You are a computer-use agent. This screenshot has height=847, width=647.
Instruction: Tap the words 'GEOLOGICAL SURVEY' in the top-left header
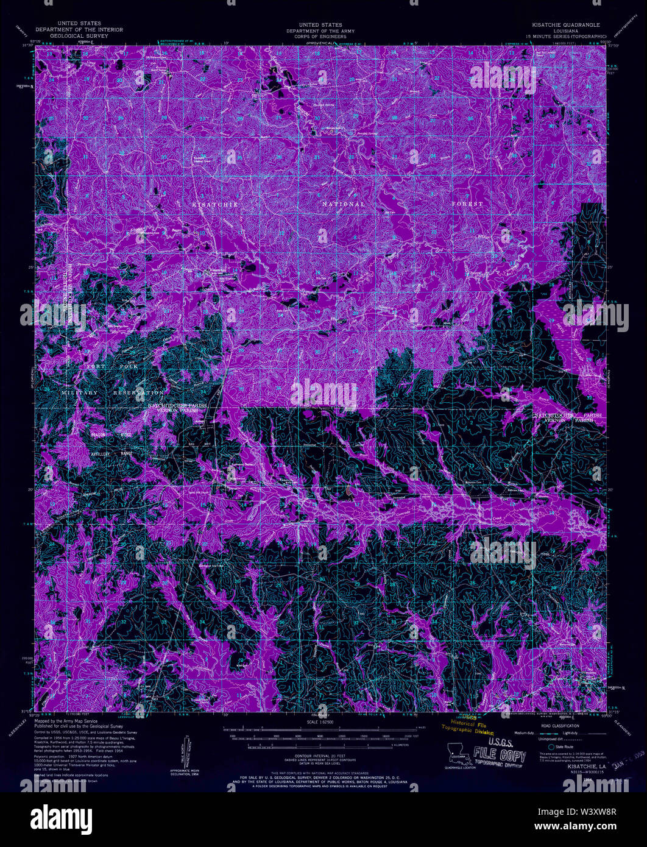point(79,35)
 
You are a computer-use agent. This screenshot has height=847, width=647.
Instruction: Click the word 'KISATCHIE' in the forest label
point(215,205)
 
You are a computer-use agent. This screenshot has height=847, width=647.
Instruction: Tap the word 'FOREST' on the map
point(467,204)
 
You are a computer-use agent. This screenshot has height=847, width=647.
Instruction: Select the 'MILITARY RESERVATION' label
point(113,393)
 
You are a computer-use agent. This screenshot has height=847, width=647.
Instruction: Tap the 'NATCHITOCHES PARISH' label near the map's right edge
point(567,415)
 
